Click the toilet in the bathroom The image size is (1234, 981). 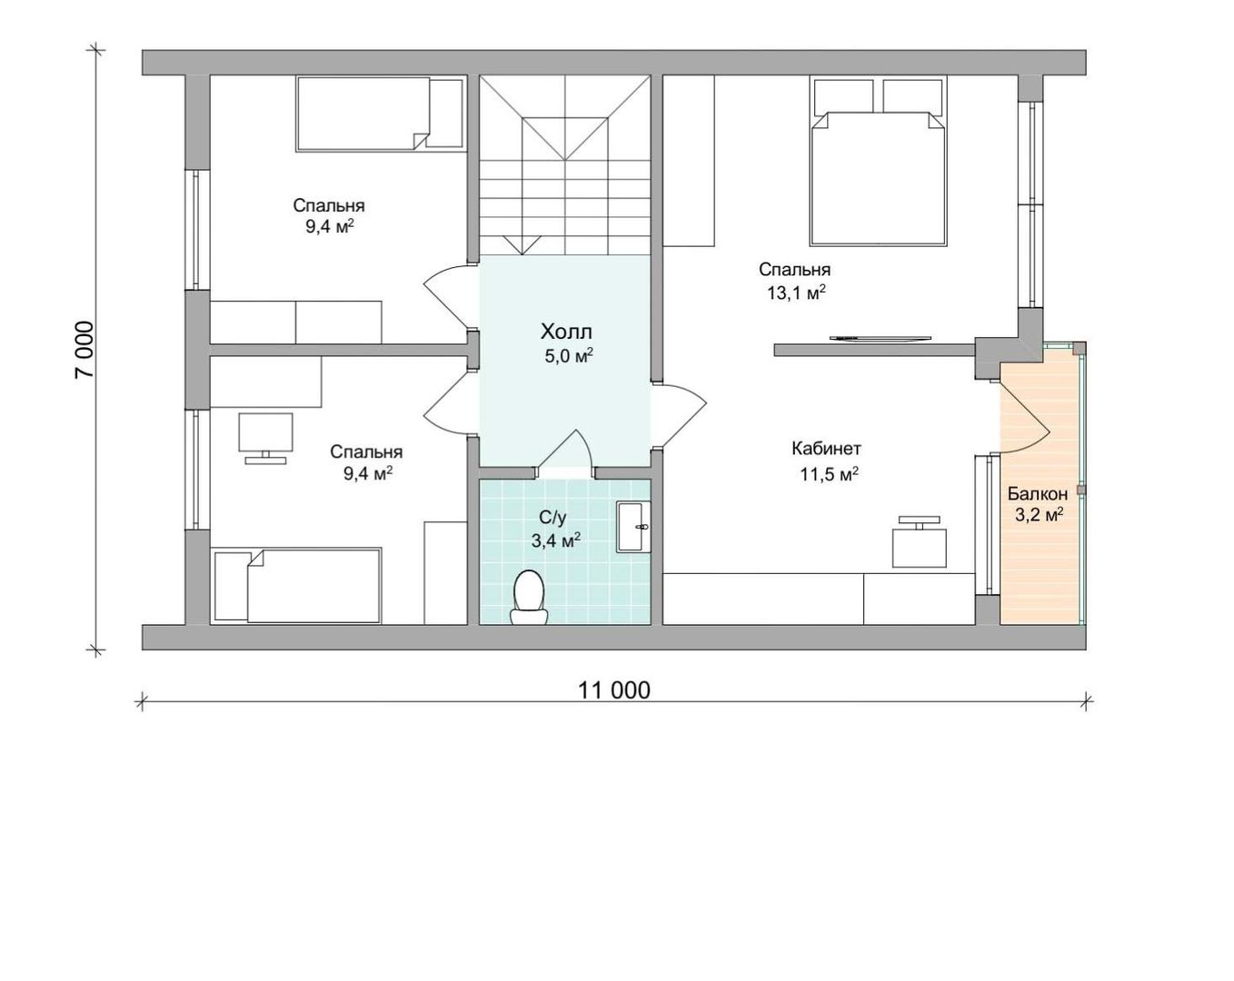[529, 597]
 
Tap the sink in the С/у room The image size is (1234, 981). [633, 527]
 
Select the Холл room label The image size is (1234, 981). [566, 332]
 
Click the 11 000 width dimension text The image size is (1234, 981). [613, 690]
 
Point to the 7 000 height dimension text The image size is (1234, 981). [84, 349]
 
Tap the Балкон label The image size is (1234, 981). [1038, 493]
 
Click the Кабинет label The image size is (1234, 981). [826, 449]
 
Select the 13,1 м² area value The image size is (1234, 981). [797, 293]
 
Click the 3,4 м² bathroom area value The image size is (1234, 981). [555, 540]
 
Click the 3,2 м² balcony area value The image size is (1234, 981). [1039, 515]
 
